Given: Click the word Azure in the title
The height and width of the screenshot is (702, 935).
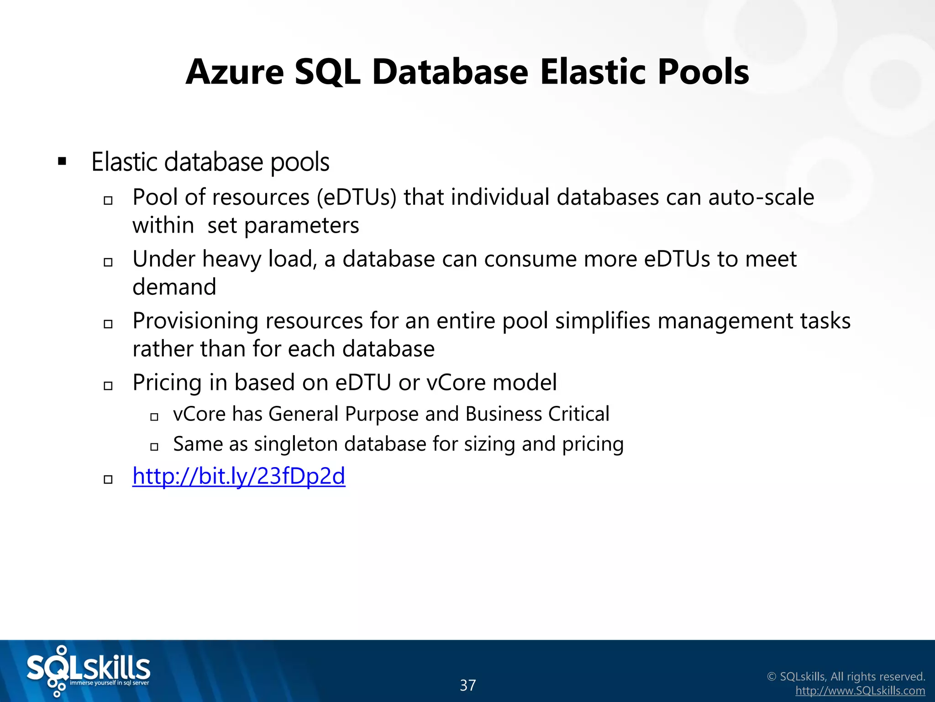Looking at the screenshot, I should pyautogui.click(x=235, y=72).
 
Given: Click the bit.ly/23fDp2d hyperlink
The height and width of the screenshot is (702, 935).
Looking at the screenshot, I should pyautogui.click(x=239, y=476).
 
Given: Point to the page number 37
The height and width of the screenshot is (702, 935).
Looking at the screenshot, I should pyautogui.click(x=467, y=685).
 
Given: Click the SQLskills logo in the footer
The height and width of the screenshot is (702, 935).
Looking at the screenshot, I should pyautogui.click(x=88, y=670).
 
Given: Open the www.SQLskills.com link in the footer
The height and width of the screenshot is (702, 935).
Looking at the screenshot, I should pyautogui.click(x=860, y=691).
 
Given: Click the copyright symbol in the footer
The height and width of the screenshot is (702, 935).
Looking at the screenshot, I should pyautogui.click(x=772, y=677).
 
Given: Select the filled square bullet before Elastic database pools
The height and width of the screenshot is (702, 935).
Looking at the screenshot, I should pyautogui.click(x=62, y=162).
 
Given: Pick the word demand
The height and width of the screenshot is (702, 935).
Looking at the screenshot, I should pyautogui.click(x=174, y=287).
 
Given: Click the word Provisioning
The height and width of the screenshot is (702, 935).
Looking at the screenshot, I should pyautogui.click(x=195, y=321).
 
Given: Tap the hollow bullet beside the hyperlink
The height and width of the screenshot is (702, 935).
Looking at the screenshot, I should pyautogui.click(x=108, y=479).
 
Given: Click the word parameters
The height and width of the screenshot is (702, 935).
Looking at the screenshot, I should pyautogui.click(x=302, y=225).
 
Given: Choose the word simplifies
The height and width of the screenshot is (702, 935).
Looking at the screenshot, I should pyautogui.click(x=603, y=321).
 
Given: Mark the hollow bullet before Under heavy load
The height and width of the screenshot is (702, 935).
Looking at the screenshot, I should pyautogui.click(x=108, y=262).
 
